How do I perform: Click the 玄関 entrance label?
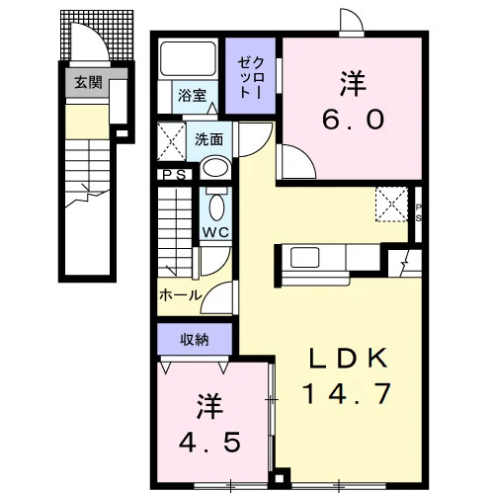pyautogui.click(x=88, y=82)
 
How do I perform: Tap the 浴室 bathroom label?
pyautogui.click(x=192, y=95)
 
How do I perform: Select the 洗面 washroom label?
pyautogui.click(x=208, y=139)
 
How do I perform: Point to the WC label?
pyautogui.click(x=215, y=232)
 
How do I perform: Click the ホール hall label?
pyautogui.click(x=180, y=295)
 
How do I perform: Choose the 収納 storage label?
pyautogui.click(x=195, y=340)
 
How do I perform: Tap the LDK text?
pyautogui.click(x=348, y=359)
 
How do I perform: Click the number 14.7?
pyautogui.click(x=347, y=393)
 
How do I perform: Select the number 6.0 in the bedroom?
pyautogui.click(x=353, y=120)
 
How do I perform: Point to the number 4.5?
pyautogui.click(x=209, y=443)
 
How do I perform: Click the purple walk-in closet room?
pyautogui.click(x=250, y=76)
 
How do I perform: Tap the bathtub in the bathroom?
pyautogui.click(x=188, y=59)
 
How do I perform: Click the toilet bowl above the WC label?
pyautogui.click(x=216, y=207)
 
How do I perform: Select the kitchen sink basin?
pyautogui.click(x=304, y=257)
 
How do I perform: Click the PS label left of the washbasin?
pyautogui.click(x=175, y=175)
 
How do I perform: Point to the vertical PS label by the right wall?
pyautogui.click(x=418, y=212)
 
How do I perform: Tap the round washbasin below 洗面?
pyautogui.click(x=216, y=168)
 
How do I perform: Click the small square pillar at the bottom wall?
pyautogui.click(x=280, y=478)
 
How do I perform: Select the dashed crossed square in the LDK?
pyautogui.click(x=392, y=205)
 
